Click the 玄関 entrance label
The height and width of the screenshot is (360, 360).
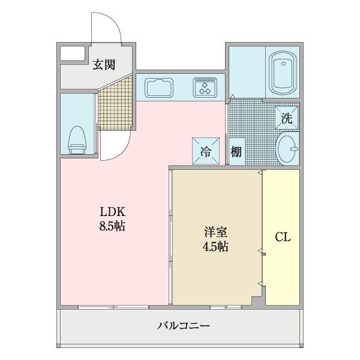tap(104, 65)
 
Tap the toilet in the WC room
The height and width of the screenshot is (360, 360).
tap(77, 138)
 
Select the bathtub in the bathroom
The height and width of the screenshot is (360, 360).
tap(281, 72)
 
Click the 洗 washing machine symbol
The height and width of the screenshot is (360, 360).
tap(287, 118)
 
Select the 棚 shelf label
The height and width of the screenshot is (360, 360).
tap(236, 152)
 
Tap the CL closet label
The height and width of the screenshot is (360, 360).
tap(283, 238)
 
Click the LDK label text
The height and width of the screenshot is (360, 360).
tap(112, 213)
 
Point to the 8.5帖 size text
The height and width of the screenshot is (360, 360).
tap(112, 227)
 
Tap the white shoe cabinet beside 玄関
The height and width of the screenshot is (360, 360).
tap(71, 53)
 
